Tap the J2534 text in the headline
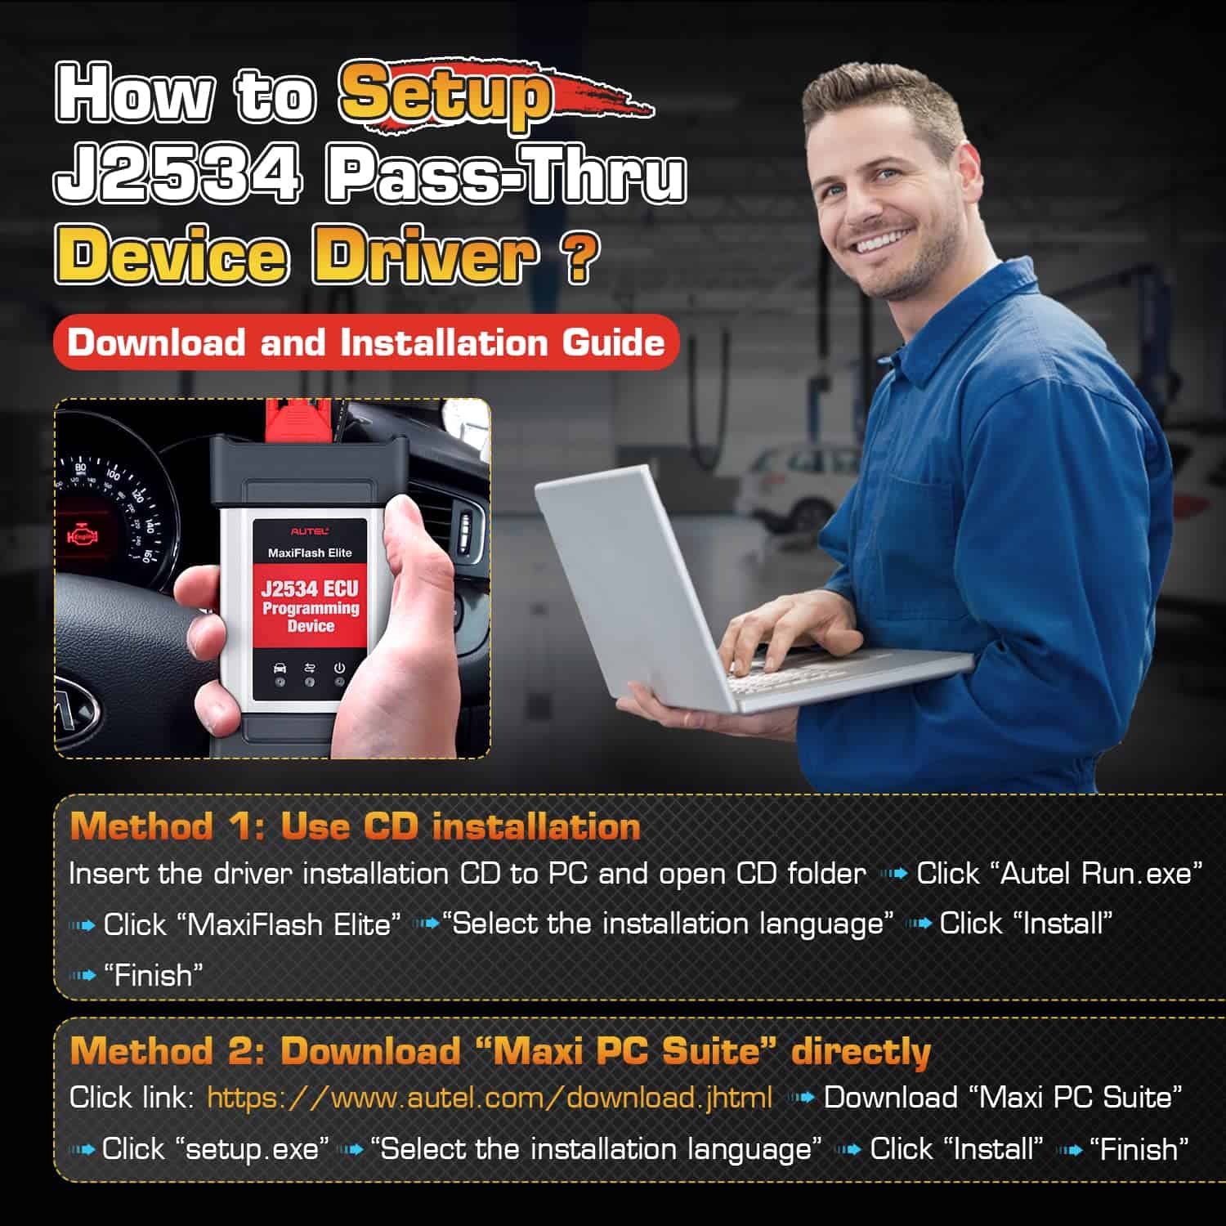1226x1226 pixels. point(177,175)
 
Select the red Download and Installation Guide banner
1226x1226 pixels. point(366,342)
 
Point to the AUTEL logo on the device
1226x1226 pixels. point(310,531)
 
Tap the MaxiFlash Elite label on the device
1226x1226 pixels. point(310,553)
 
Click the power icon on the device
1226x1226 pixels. point(339,668)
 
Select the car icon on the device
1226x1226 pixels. point(280,668)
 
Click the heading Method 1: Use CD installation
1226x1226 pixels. point(355,826)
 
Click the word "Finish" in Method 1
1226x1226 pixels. point(153,974)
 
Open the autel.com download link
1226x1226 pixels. point(490,1098)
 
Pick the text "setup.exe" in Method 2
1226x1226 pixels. point(253,1149)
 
